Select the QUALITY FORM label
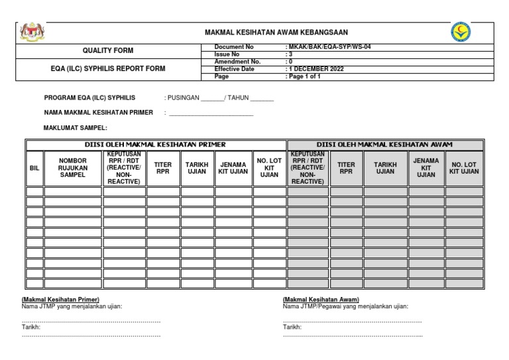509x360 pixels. click(107, 50)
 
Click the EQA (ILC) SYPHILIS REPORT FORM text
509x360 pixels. click(108, 69)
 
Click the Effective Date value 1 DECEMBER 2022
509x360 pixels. click(315, 69)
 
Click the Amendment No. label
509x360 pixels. click(233, 61)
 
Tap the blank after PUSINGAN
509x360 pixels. click(211, 98)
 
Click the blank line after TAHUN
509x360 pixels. click(262, 98)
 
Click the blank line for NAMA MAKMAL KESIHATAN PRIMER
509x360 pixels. click(211, 113)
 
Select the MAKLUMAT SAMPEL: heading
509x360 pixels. click(75, 127)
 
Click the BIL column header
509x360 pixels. click(35, 168)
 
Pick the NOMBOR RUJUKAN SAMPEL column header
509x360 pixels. click(73, 168)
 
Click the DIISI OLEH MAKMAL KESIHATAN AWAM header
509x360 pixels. click(384, 145)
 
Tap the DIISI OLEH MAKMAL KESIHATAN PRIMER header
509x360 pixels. click(156, 145)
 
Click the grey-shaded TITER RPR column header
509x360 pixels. click(346, 168)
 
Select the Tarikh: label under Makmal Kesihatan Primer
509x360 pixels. click(31, 328)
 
